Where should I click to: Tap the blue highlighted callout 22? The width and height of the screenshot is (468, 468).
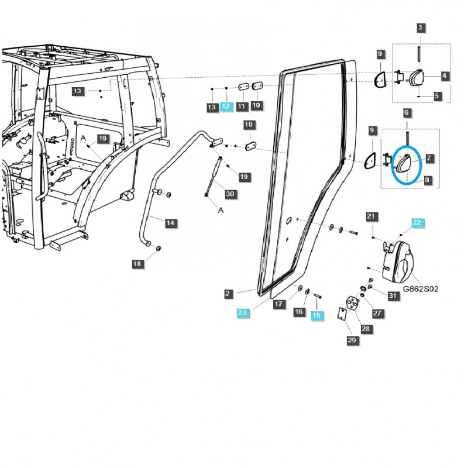[417, 222]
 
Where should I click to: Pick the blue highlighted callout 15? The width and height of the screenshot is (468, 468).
[316, 315]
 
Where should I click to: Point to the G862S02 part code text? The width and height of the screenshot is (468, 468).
[420, 289]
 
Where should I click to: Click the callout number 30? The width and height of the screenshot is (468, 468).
[229, 194]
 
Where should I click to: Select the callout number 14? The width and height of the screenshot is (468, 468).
[170, 223]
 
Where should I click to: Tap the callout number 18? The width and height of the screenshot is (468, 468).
[137, 264]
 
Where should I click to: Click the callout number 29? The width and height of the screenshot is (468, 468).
[352, 340]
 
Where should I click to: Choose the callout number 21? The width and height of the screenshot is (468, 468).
[370, 217]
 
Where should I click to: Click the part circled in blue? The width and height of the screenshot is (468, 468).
[404, 164]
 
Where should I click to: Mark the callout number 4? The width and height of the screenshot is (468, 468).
[445, 75]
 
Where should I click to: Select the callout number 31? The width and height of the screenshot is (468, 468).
[393, 295]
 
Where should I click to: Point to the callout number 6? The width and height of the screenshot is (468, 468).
[407, 112]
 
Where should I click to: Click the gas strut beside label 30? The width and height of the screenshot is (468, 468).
[214, 176]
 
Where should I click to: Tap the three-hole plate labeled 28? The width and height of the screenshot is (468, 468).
[353, 305]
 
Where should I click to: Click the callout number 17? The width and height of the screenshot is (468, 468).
[278, 304]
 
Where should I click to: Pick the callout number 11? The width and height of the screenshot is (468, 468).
[241, 106]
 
